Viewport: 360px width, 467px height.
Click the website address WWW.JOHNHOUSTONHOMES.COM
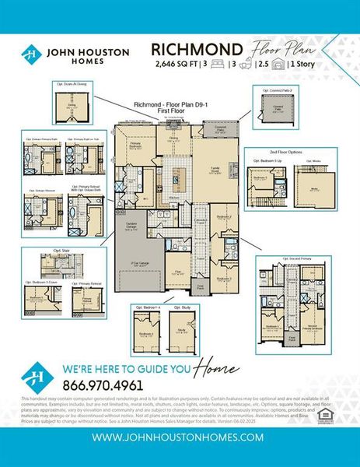[x=178, y=437]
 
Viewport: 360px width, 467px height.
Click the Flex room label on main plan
[x=178, y=272]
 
